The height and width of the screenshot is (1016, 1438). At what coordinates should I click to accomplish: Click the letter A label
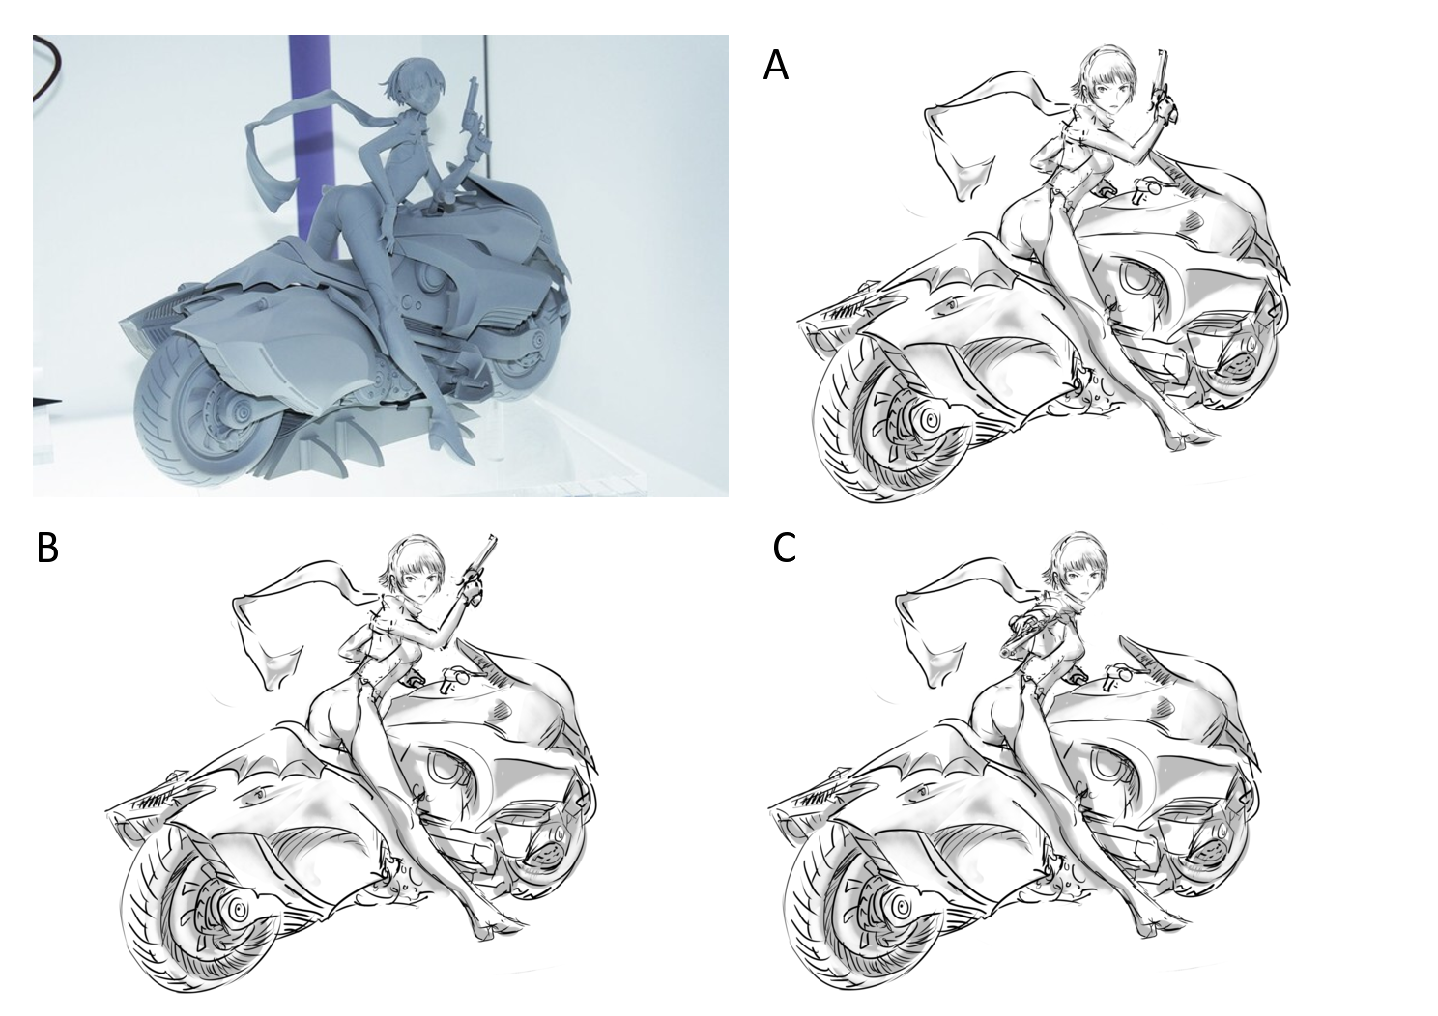(x=775, y=66)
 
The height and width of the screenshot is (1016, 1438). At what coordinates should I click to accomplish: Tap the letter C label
(x=785, y=548)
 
